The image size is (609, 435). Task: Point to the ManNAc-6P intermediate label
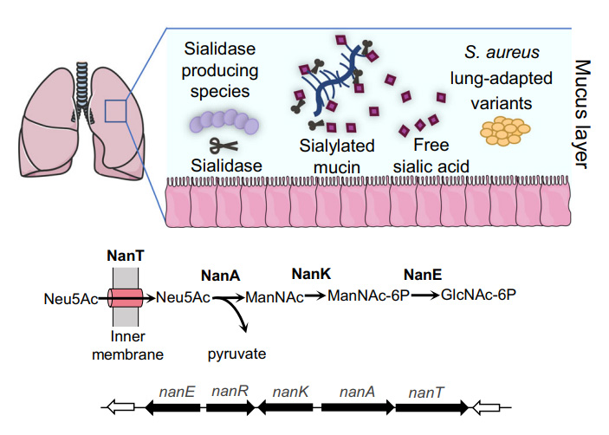click(368, 295)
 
